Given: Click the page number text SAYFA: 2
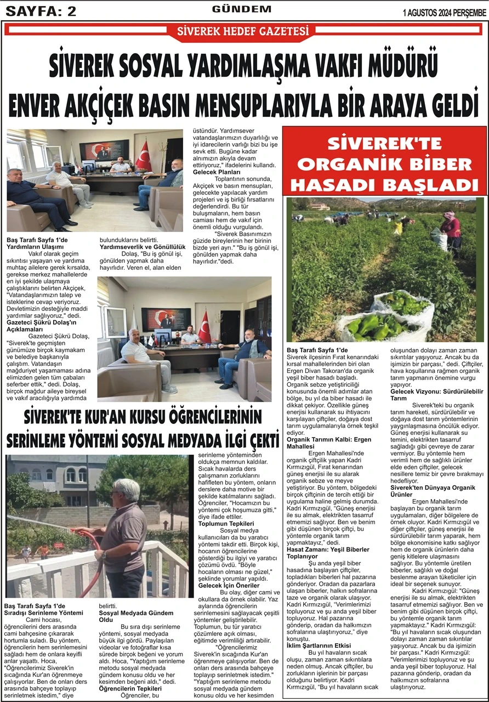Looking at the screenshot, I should tap(41, 11).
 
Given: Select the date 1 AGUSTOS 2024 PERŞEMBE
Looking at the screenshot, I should tap(444, 13).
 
